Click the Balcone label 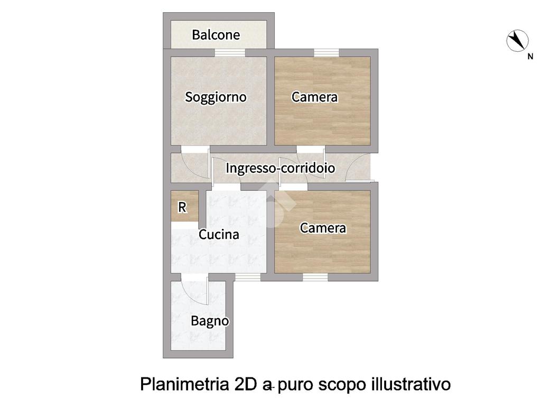point(216,34)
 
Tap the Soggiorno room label point(216,97)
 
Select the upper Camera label point(314,97)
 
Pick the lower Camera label point(323,228)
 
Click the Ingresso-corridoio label point(280,168)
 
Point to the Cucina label point(219,234)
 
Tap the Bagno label point(210,321)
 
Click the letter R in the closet point(182,207)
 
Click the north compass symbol point(517,41)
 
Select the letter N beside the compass point(530,56)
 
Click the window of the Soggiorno point(230,52)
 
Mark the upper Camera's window point(327,52)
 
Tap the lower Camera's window point(315,277)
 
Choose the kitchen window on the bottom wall point(248,277)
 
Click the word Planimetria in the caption point(184,384)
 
